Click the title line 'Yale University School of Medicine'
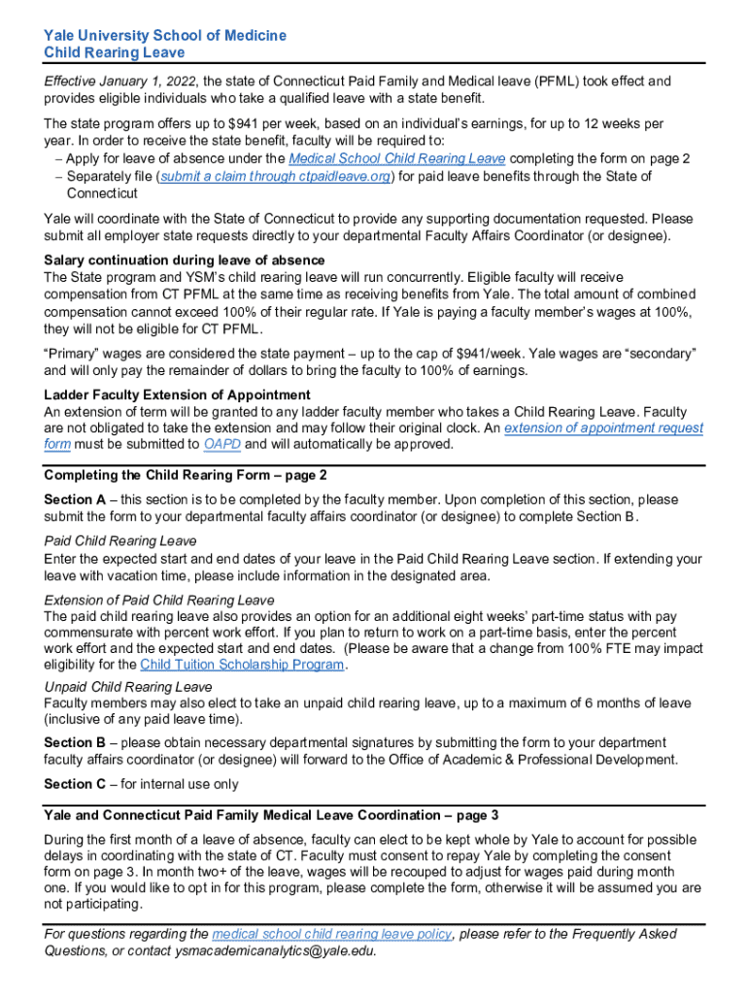point(165,35)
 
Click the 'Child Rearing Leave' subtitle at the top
point(114,52)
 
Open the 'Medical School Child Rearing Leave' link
point(396,158)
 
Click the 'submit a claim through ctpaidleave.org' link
point(277,176)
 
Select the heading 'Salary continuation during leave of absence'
point(185,260)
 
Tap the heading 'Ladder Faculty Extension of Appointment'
point(177,395)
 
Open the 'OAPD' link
point(222,445)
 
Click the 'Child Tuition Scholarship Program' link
point(242,665)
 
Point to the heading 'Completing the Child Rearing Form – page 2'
point(186,475)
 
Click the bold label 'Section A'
point(75,499)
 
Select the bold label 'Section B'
point(75,742)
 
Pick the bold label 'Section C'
point(75,784)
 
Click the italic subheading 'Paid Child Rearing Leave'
point(120,540)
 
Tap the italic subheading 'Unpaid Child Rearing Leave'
point(128,687)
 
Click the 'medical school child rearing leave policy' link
point(331,934)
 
